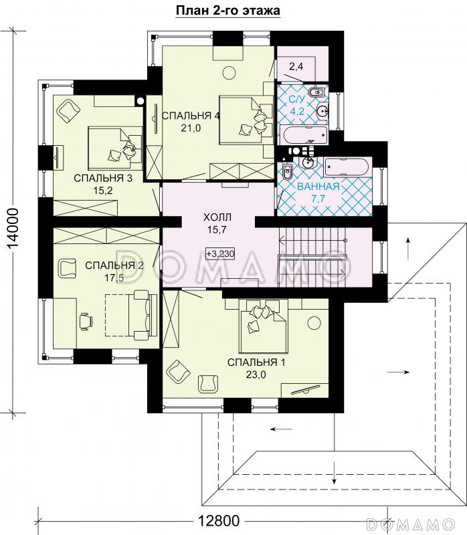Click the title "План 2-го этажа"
(x=227, y=11)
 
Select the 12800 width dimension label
(x=219, y=521)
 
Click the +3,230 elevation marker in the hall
(x=220, y=254)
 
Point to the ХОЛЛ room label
(x=217, y=217)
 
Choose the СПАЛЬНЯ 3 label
(x=103, y=178)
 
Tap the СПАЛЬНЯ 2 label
(x=114, y=265)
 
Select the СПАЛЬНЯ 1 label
(x=256, y=362)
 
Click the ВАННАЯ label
(x=318, y=187)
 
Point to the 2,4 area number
(x=296, y=66)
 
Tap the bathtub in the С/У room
(x=303, y=136)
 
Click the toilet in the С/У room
(x=316, y=92)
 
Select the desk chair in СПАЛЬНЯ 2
(x=86, y=322)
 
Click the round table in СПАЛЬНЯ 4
(x=229, y=73)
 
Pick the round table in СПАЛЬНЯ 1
(x=314, y=322)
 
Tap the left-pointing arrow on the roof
(x=281, y=429)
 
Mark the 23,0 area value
(x=256, y=374)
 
